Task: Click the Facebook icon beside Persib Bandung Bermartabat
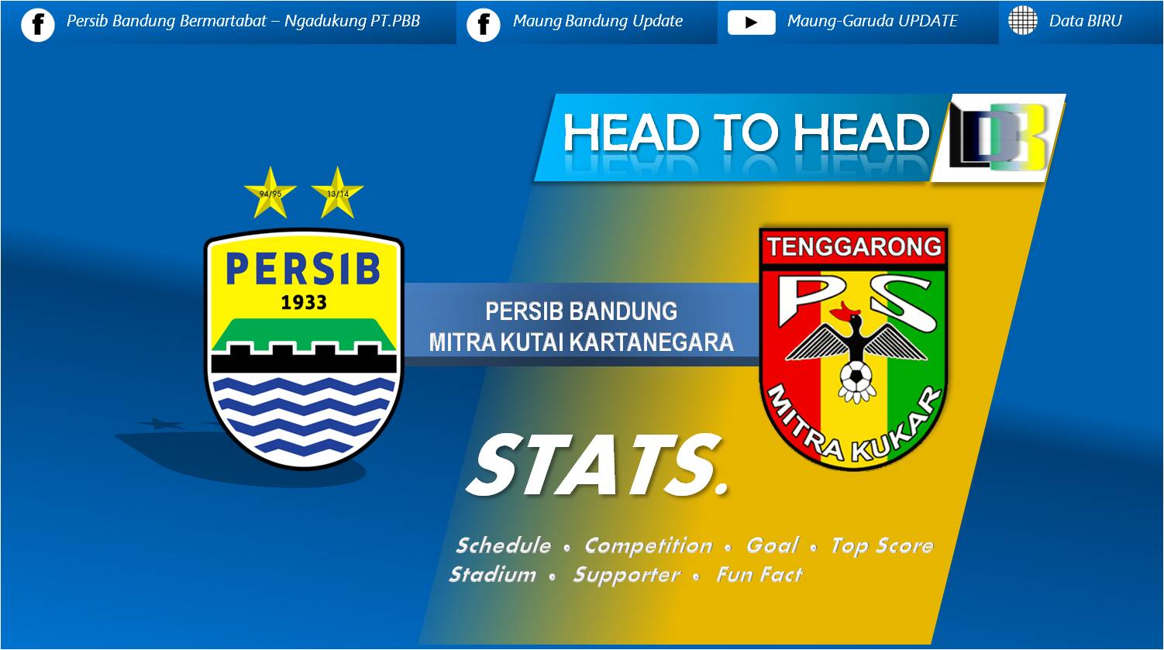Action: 38,23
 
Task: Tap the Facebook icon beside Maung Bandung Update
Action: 484,23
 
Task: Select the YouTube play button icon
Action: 751,22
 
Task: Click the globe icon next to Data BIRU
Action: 1022,21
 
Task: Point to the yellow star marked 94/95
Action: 270,193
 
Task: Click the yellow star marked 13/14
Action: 337,193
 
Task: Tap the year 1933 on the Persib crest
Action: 303,302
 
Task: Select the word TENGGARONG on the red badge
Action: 853,247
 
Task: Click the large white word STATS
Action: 598,465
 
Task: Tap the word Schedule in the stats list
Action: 503,545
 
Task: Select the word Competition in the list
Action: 648,545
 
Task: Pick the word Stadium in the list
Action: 492,575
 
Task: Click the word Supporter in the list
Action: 625,575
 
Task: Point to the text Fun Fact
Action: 759,575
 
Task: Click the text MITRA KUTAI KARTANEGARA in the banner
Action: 581,342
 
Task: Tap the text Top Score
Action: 881,545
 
